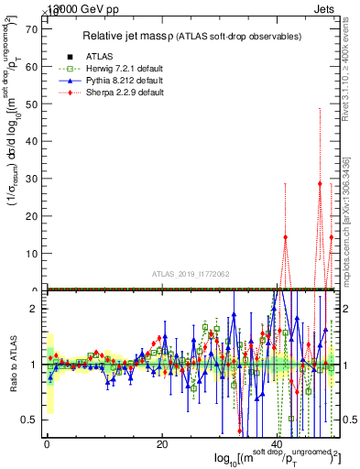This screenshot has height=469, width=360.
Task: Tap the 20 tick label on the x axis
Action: tap(162, 444)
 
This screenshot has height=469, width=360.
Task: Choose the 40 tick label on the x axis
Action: tap(278, 444)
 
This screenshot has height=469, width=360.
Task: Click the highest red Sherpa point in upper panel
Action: tap(320, 183)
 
